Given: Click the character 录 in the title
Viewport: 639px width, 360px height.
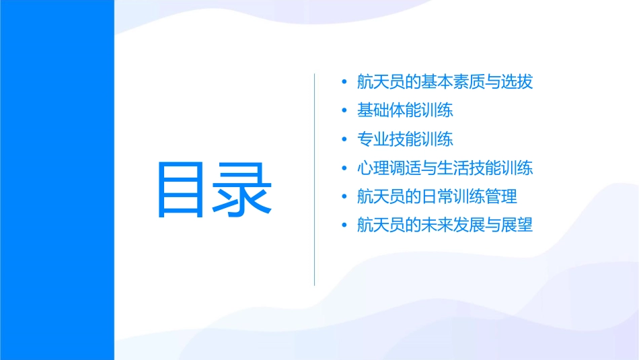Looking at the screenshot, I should pos(244,189).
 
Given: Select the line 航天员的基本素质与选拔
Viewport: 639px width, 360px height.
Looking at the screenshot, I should pos(445,82).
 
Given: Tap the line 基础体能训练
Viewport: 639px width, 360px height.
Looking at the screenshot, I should pos(405,110).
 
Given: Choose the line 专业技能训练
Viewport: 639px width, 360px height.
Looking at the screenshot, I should pos(405,139).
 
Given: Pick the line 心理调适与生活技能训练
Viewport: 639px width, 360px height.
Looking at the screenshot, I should pos(445,168).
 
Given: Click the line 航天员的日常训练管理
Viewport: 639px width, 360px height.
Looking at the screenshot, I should pos(437,197).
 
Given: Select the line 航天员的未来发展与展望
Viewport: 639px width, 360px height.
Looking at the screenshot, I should pos(445,225).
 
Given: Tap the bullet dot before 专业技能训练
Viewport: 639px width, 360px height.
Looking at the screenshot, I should pos(345,140).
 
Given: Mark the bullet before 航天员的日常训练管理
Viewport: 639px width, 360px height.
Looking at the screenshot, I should pos(345,198).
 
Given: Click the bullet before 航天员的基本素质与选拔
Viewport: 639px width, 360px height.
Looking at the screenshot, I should pos(345,83).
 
